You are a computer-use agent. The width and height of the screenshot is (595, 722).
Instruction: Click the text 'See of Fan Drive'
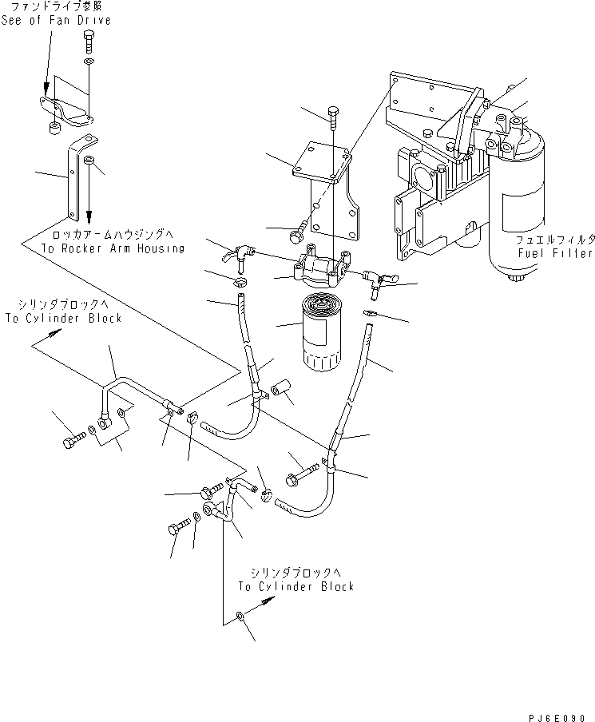click(x=56, y=20)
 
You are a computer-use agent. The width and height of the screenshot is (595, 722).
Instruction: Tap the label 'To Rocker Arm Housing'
click(x=113, y=248)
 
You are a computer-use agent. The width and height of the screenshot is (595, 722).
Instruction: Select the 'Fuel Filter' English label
click(x=554, y=253)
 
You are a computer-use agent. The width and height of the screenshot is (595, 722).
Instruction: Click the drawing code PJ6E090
click(x=557, y=717)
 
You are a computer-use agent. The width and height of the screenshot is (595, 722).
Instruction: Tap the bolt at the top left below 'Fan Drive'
click(x=89, y=42)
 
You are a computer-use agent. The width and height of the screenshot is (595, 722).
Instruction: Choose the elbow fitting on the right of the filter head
click(x=377, y=280)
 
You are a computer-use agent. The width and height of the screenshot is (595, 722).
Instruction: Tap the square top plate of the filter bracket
click(x=323, y=161)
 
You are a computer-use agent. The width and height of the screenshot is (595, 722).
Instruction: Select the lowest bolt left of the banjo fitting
click(x=179, y=527)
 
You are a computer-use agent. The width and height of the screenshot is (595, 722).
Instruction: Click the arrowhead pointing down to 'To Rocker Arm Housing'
click(x=89, y=214)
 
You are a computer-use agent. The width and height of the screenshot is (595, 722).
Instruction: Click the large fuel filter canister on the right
click(x=515, y=203)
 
